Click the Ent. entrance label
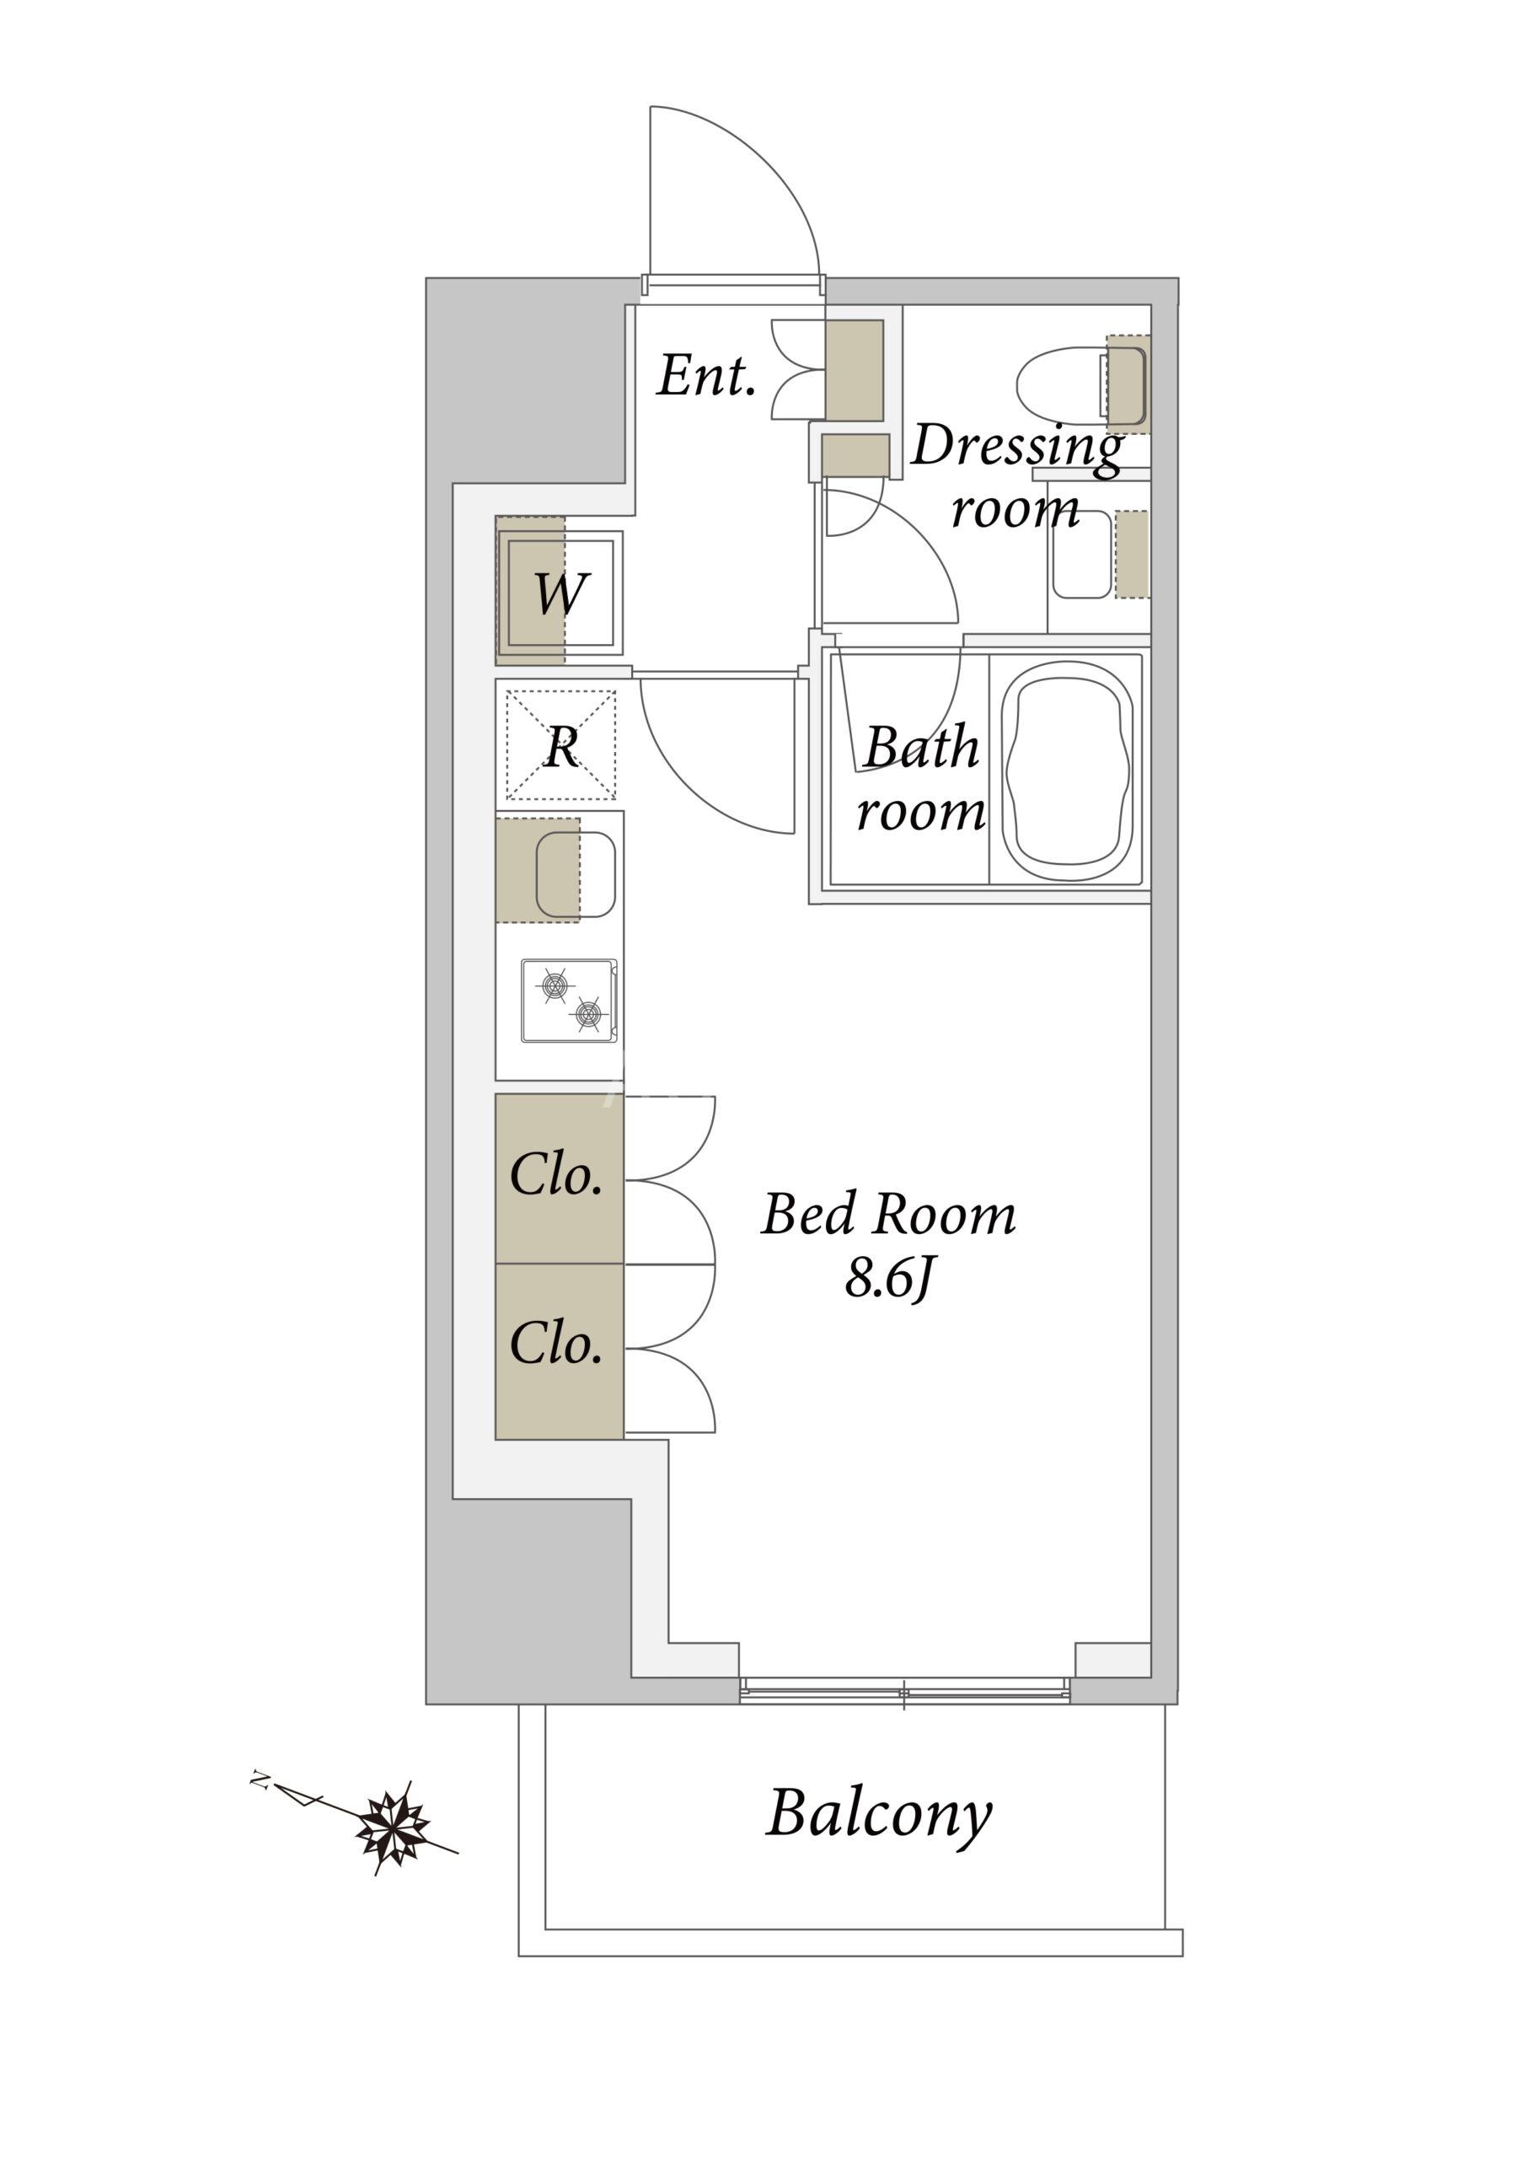tap(706, 376)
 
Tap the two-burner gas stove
tap(569, 1001)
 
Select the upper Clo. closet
tap(559, 1178)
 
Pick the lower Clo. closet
tap(559, 1346)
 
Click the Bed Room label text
tap(888, 1216)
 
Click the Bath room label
tap(920, 778)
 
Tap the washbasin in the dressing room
tap(1081, 556)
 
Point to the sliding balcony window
tap(904, 1690)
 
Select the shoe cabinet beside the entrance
tap(855, 369)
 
